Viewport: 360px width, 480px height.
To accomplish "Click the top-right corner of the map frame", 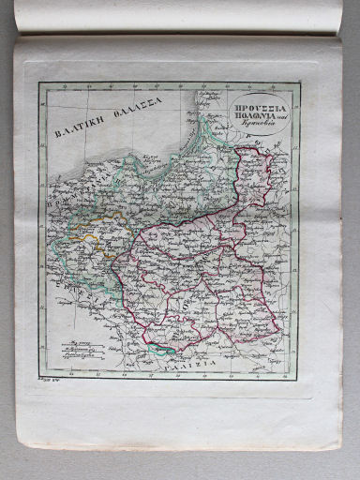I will coord(299,82).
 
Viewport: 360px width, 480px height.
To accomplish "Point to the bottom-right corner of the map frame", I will coord(299,378).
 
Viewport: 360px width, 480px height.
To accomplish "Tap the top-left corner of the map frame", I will coord(39,83).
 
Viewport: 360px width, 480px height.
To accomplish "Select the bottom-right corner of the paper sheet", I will coord(339,448).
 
